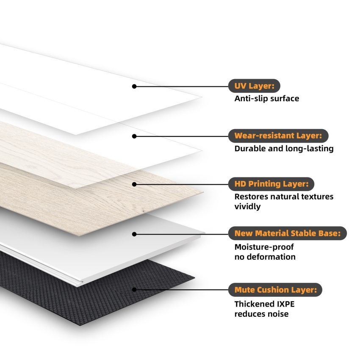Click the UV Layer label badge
click(254, 86)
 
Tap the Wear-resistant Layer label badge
click(278, 136)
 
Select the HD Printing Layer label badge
click(271, 184)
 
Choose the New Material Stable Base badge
click(288, 233)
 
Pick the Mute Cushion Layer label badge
click(275, 290)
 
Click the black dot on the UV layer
click(134, 86)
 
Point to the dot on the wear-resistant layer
click(134, 136)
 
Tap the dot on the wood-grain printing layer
click(134, 184)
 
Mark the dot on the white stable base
click(134, 234)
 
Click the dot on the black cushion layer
click(134, 290)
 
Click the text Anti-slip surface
click(267, 99)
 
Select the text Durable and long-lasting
click(284, 149)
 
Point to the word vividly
click(247, 207)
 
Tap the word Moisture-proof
click(264, 247)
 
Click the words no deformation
click(265, 257)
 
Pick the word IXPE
click(285, 304)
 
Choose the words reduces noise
click(261, 314)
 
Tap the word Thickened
click(255, 304)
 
